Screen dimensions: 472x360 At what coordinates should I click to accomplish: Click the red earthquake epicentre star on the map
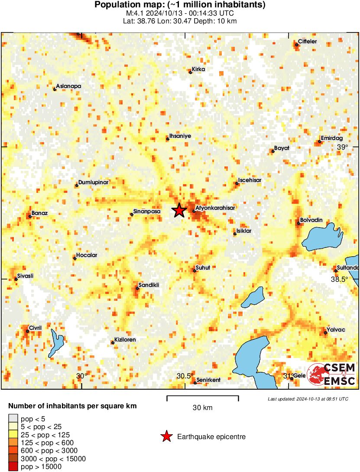tap(179, 211)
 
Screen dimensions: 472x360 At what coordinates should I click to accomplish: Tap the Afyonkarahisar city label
tap(215, 208)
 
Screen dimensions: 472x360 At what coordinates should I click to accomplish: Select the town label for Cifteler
tap(308, 42)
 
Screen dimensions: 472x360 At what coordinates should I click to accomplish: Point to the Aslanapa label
tap(68, 86)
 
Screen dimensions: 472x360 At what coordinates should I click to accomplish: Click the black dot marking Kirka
tap(190, 72)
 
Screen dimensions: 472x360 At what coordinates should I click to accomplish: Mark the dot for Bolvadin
tap(298, 224)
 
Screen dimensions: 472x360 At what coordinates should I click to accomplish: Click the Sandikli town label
tap(148, 285)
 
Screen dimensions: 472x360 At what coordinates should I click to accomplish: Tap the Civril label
tap(35, 328)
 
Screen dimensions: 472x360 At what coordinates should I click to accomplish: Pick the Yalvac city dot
tap(325, 333)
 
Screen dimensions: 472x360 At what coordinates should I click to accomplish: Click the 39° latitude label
tap(342, 147)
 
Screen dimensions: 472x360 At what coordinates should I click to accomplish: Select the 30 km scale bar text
tap(202, 407)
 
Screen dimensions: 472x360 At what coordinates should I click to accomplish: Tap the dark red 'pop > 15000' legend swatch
tap(13, 466)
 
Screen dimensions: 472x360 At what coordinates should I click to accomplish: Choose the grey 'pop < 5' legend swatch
tap(13, 418)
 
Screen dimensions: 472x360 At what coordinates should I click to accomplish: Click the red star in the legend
tap(166, 437)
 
